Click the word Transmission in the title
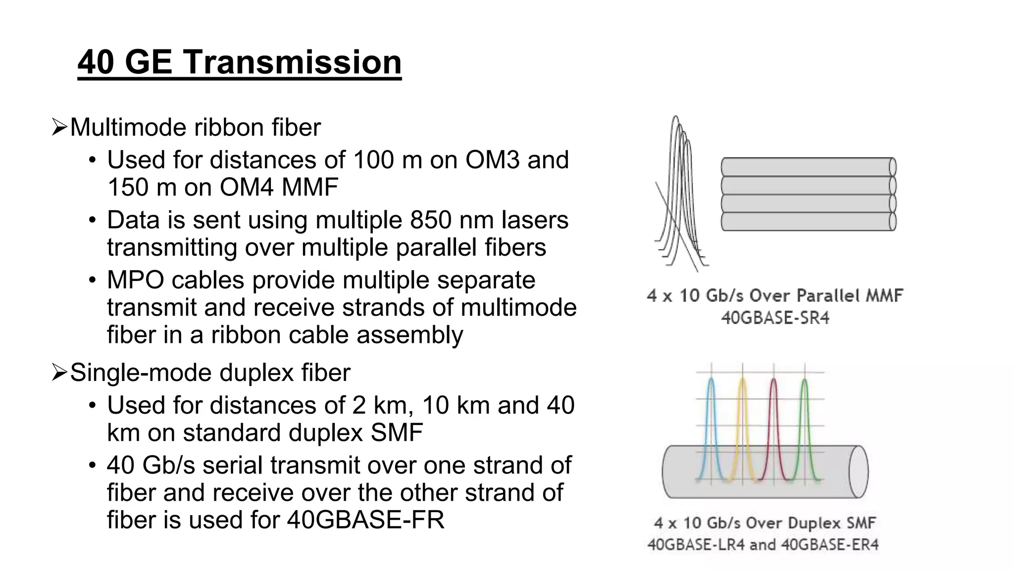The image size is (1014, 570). click(292, 62)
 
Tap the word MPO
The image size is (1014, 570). click(136, 281)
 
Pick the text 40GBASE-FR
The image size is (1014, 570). click(366, 520)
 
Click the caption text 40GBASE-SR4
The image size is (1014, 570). click(775, 318)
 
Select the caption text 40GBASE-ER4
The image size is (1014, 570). click(830, 545)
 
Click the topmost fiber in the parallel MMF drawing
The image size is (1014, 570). click(807, 167)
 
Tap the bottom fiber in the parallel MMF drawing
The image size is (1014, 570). click(807, 222)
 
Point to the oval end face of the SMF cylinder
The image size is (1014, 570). click(858, 472)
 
